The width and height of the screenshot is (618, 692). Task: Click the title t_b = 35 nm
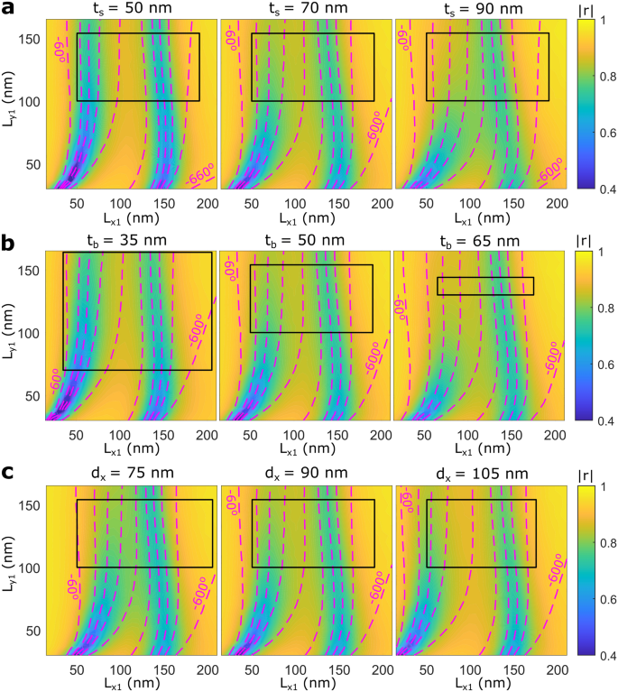tap(127, 241)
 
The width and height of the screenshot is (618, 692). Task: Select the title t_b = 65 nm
tap(478, 241)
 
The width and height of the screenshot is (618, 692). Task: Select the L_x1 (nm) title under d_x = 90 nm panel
tap(303, 682)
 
